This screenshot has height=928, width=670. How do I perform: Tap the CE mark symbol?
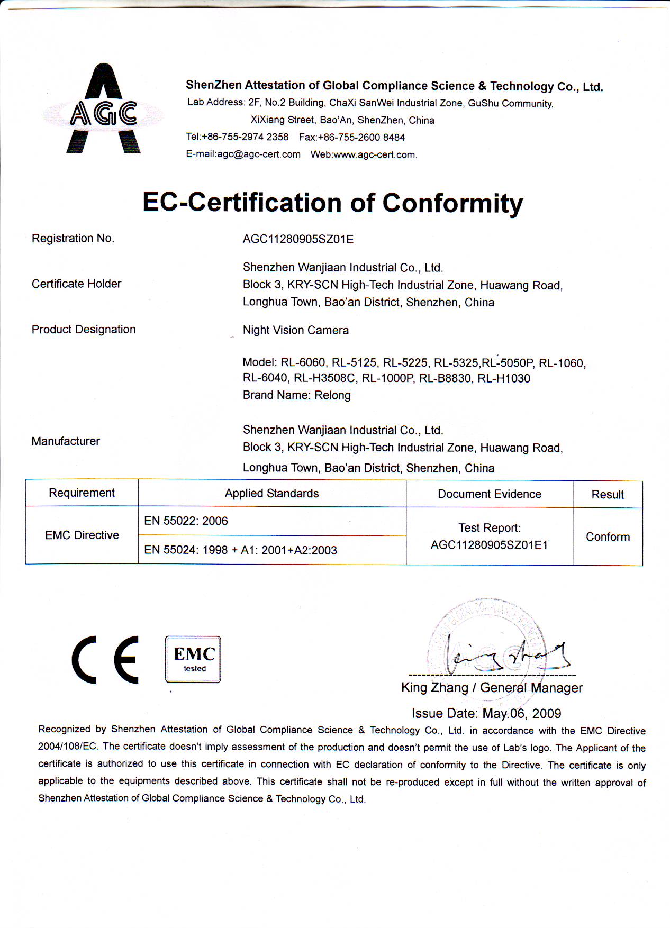point(106,660)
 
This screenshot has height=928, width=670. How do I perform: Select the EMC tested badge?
point(193,659)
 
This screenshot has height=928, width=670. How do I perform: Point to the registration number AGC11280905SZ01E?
point(298,239)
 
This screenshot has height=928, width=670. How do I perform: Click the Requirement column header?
point(82,493)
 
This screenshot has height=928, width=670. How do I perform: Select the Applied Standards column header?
point(271,494)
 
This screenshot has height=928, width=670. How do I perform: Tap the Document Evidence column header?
point(489,494)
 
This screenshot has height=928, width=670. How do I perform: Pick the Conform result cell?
point(608,537)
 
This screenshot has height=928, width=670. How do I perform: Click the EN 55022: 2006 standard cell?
point(186,521)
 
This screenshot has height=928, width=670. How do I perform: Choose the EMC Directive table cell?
point(82,535)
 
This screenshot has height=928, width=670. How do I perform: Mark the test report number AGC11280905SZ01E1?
point(489,545)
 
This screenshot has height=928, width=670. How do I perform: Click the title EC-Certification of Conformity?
point(332,203)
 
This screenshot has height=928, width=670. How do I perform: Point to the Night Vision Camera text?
point(296,331)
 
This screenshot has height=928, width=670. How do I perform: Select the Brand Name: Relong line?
point(296,395)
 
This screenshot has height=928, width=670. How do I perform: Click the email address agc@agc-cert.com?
point(259,154)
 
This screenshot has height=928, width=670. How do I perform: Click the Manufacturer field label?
point(66,441)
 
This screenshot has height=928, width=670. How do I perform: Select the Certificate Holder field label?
point(76,284)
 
